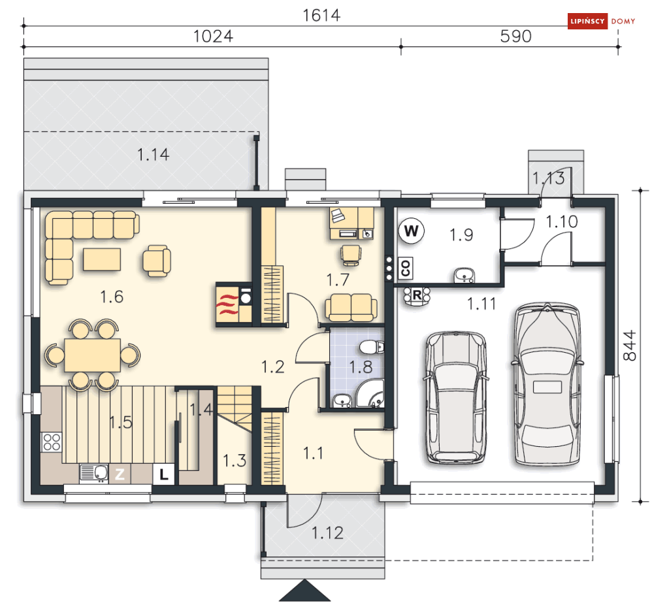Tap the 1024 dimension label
click(x=213, y=37)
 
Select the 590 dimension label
click(x=515, y=37)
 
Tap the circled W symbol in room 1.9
click(x=411, y=231)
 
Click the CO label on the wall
click(x=405, y=267)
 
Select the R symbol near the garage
click(x=416, y=295)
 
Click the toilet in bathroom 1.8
click(x=370, y=347)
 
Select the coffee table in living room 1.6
click(x=101, y=259)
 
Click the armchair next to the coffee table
click(x=157, y=259)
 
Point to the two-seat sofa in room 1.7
click(x=351, y=307)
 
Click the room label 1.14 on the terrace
click(x=153, y=155)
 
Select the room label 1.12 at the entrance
click(x=327, y=533)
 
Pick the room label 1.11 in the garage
click(x=481, y=303)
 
